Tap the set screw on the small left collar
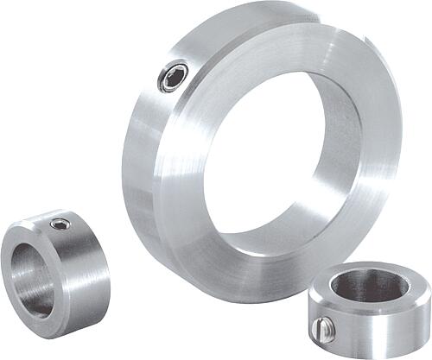(60, 225)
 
